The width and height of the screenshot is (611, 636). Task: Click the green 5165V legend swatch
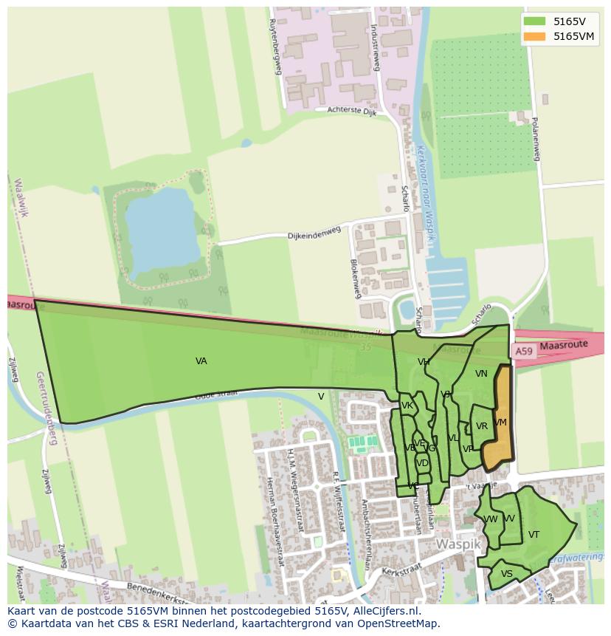click(535, 21)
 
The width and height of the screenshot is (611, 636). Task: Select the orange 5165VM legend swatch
click(535, 36)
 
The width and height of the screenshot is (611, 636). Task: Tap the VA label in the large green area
click(201, 361)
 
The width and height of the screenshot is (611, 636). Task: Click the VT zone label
click(534, 535)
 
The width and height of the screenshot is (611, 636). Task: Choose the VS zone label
click(506, 574)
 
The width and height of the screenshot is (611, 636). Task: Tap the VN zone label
click(481, 374)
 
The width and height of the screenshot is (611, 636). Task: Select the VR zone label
click(482, 426)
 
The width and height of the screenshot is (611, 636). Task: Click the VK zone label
click(407, 406)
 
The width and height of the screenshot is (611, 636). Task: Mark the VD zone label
click(422, 463)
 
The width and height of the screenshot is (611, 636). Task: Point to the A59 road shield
click(523, 352)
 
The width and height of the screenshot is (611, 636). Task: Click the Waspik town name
click(458, 544)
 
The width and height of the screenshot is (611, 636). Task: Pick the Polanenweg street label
click(536, 138)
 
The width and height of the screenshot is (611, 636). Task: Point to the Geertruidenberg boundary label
click(45, 408)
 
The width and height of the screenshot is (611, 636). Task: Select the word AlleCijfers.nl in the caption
click(384, 611)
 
